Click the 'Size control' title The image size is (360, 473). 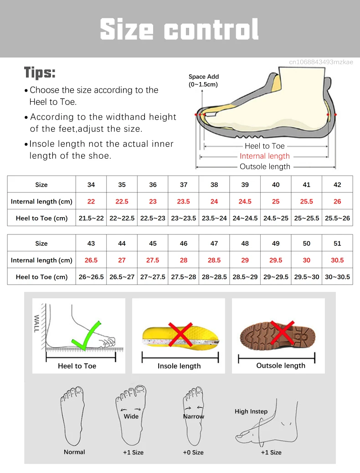pos(179,29)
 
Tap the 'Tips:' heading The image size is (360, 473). pos(40,73)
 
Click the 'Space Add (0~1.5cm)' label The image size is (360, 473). pos(203,81)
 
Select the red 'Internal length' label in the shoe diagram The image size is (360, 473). pos(264,156)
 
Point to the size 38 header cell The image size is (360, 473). pos(214,185)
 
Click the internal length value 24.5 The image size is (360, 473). pos(245,201)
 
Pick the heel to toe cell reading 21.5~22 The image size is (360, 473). pos(91,218)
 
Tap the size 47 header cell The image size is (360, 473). pos(214,244)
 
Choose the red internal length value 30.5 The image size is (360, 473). pos(337,260)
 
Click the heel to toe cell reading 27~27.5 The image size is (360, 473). pos(153,277)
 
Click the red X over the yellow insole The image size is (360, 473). pos(180,334)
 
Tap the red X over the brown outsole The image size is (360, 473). pos(282,333)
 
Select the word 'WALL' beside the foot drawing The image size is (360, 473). pos(36,323)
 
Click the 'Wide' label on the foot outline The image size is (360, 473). pos(131,416)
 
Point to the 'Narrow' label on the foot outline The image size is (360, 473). pos(193,416)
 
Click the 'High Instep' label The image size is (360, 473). pos(251,411)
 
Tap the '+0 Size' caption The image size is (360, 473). pos(193,452)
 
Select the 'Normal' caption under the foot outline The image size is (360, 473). pos(74,452)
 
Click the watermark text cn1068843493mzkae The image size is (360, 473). pos(321,62)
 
